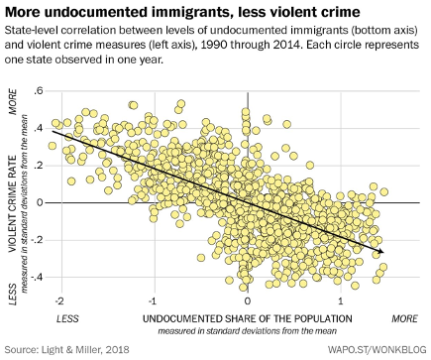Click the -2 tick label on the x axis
pos(60,299)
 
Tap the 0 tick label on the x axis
pos(247,299)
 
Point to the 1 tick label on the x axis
pos(341,299)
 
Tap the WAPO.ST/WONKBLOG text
pos(374,349)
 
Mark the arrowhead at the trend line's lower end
pos(382,254)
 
